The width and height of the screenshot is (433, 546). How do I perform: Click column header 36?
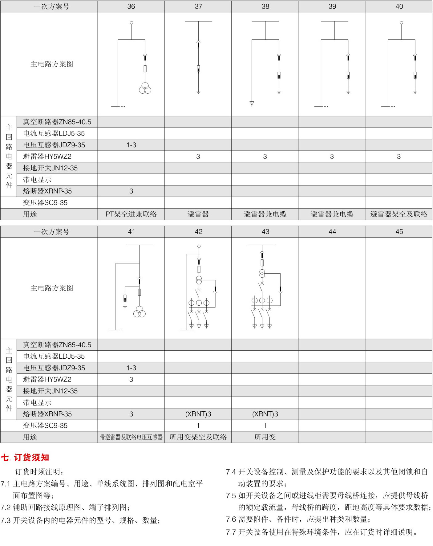coord(131,6)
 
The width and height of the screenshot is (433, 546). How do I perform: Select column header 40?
coord(399,6)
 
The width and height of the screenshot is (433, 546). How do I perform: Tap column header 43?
coord(265,232)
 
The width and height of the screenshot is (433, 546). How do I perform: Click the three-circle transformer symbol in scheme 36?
coord(145,88)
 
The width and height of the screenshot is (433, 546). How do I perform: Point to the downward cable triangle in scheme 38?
coord(252,104)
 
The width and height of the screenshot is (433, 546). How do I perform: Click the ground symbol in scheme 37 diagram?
coord(198,92)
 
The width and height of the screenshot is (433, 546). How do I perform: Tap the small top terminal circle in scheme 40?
coord(401,23)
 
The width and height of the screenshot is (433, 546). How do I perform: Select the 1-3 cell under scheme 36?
coord(131,145)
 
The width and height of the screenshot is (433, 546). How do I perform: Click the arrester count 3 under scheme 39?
coord(332,157)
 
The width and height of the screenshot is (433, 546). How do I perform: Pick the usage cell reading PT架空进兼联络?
coord(131,214)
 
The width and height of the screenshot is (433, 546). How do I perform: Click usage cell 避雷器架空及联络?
coord(399,214)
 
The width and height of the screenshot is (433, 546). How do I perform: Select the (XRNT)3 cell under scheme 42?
coord(198,414)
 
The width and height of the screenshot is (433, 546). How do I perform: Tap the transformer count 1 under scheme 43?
coord(265,426)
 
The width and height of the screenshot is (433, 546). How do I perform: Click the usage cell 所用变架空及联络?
coord(198,437)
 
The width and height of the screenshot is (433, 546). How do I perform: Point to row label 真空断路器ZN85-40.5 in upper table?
coord(57,122)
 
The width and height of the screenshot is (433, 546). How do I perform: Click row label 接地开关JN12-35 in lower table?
coord(50,391)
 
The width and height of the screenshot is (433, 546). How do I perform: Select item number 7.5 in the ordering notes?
coord(231,495)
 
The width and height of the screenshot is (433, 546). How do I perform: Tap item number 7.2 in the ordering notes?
coord(6,507)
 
